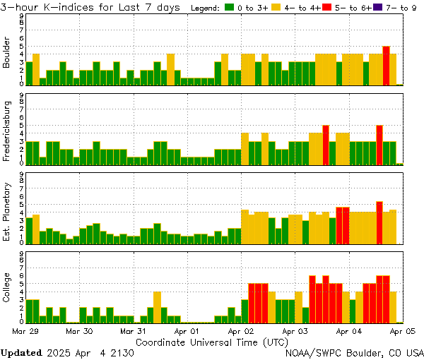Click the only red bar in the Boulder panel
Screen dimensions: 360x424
[x=386, y=65]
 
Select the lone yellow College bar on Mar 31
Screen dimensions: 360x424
[x=157, y=306]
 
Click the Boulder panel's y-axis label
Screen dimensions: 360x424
[x=6, y=53]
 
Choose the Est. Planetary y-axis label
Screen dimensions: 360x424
[x=6, y=211]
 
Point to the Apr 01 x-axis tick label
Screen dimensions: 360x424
[x=187, y=330]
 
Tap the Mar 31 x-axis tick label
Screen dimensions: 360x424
[x=134, y=330]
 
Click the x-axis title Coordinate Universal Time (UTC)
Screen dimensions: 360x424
[x=211, y=341]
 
